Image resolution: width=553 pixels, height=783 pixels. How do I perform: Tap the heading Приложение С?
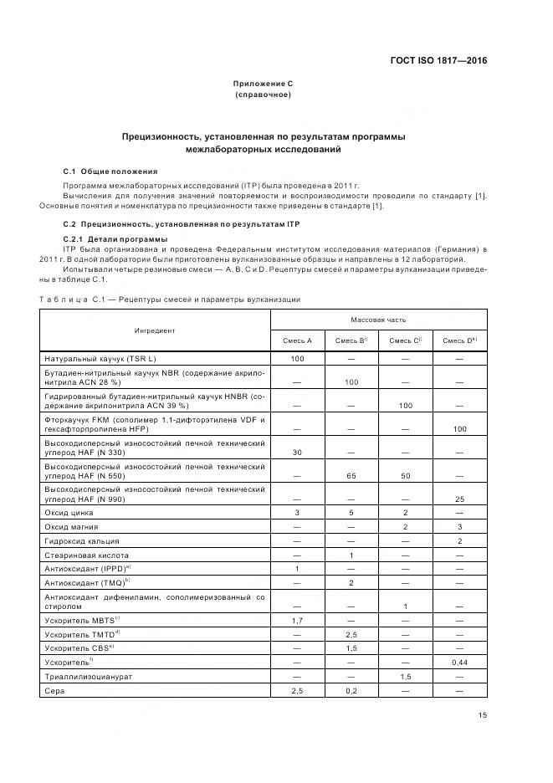pos(263,84)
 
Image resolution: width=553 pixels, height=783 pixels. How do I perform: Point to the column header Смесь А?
pos(297,340)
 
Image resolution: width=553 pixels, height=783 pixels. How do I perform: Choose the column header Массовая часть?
pos(378,320)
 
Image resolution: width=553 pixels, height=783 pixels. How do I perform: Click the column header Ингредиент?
pos(155,330)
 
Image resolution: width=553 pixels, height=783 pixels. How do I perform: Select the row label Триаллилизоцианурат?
pos(90,676)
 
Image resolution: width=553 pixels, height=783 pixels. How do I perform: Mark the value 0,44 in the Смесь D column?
pos(459,661)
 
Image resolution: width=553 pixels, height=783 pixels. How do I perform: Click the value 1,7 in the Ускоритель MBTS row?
pos(297,619)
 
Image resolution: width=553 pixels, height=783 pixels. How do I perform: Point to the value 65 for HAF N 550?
pos(351,474)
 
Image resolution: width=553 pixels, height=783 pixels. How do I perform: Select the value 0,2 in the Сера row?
pos(351,691)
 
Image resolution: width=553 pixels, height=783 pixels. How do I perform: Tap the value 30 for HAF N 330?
pos(297,452)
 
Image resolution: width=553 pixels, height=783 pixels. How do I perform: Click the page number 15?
pos(482,714)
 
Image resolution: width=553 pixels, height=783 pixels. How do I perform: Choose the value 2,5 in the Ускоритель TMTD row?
pos(351,633)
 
